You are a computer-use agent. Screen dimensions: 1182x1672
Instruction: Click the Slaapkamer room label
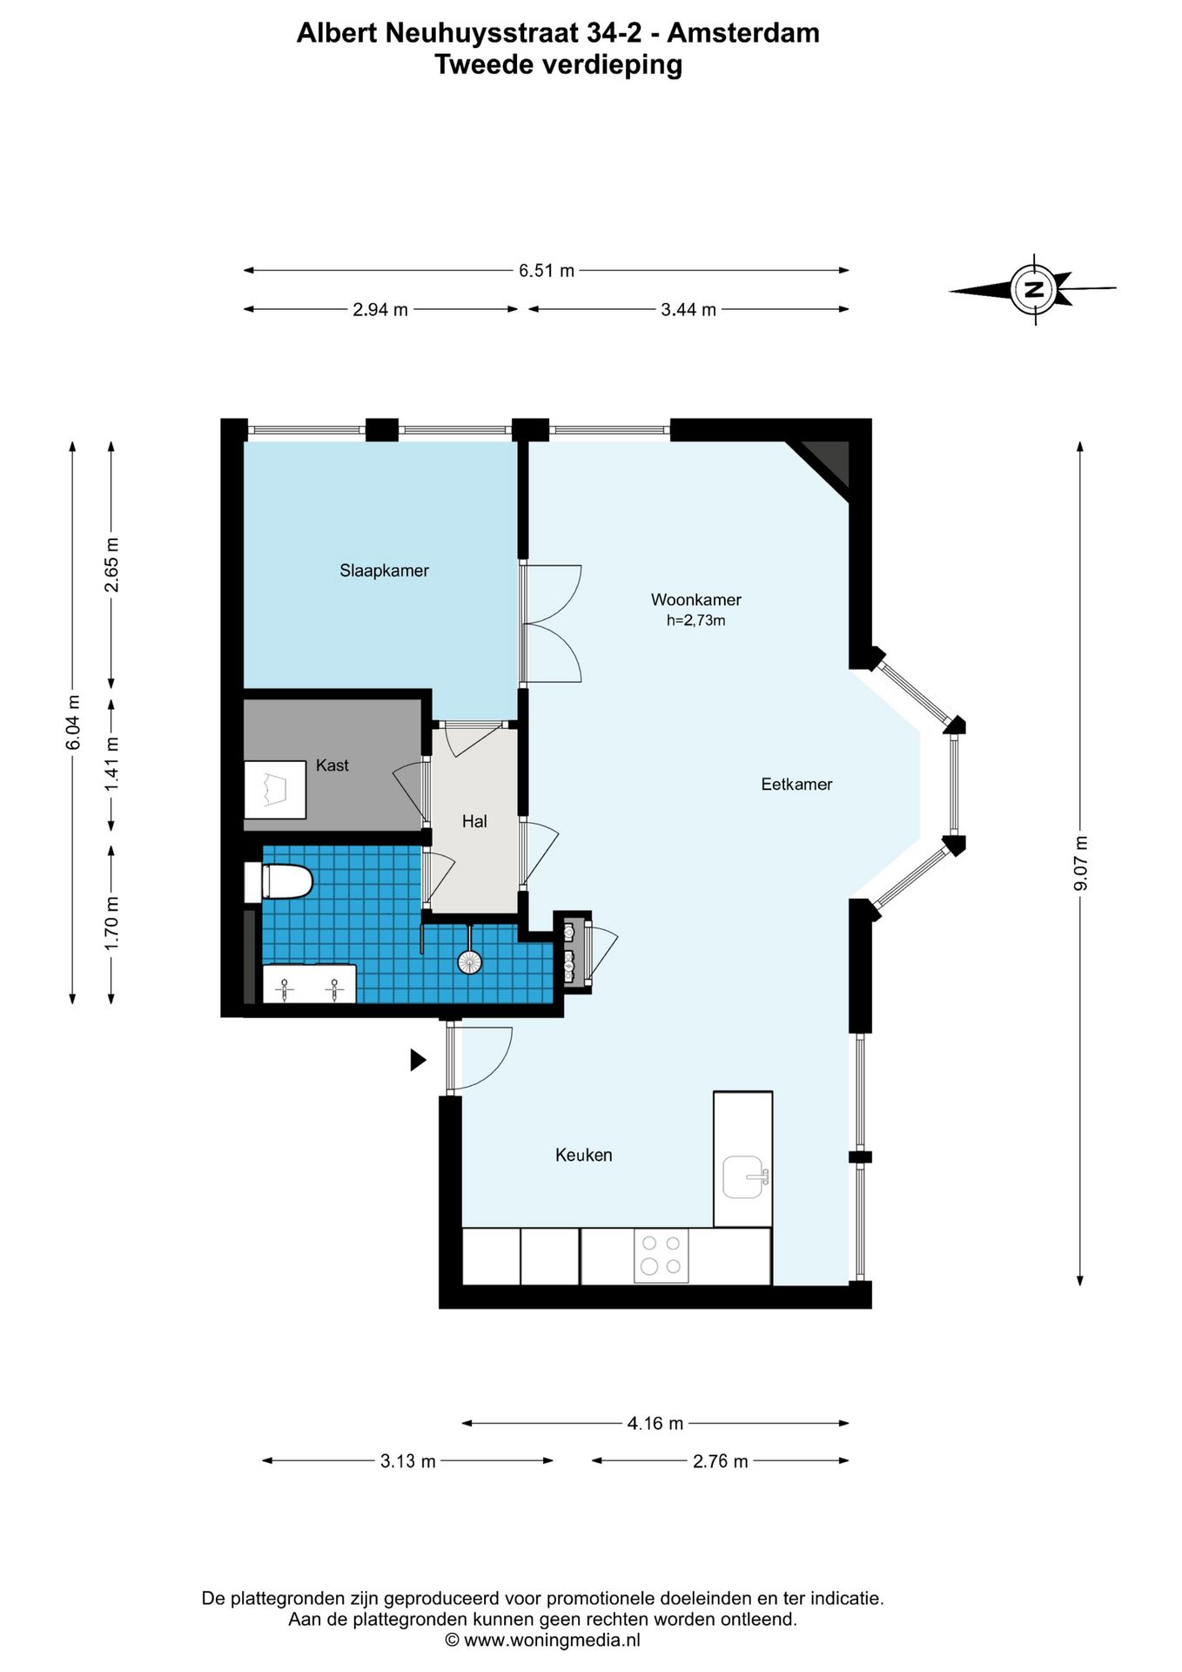pyautogui.click(x=384, y=571)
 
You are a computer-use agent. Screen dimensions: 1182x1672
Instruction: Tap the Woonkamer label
pyautogui.click(x=696, y=600)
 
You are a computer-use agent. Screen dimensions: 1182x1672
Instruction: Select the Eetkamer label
pyautogui.click(x=796, y=785)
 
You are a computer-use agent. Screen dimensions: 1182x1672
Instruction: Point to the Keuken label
pyautogui.click(x=584, y=1156)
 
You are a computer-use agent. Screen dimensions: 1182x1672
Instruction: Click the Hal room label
pyautogui.click(x=474, y=821)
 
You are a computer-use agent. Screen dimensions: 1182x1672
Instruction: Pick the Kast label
pyautogui.click(x=332, y=765)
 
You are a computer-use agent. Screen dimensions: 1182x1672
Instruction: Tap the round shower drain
pyautogui.click(x=469, y=962)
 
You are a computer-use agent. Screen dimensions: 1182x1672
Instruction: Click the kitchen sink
pyautogui.click(x=745, y=1176)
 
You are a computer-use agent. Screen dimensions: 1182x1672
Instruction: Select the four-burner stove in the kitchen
pyautogui.click(x=661, y=1255)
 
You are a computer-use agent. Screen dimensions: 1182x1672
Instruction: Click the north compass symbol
pyautogui.click(x=1033, y=289)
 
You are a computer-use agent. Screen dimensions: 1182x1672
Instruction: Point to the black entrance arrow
pyautogui.click(x=419, y=1060)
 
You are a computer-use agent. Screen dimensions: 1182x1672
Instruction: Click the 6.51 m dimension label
pyautogui.click(x=547, y=271)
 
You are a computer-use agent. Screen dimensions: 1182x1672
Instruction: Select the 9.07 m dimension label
pyautogui.click(x=1081, y=863)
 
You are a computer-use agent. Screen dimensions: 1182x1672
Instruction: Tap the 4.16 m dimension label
pyautogui.click(x=655, y=1423)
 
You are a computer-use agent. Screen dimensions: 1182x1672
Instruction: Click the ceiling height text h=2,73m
pyautogui.click(x=696, y=621)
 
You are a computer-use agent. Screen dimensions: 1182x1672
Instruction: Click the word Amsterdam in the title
pyautogui.click(x=743, y=33)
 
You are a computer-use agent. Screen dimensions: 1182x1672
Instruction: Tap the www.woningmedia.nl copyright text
pyautogui.click(x=543, y=1641)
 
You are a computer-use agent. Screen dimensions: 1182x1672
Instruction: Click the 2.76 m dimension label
pyautogui.click(x=721, y=1461)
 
